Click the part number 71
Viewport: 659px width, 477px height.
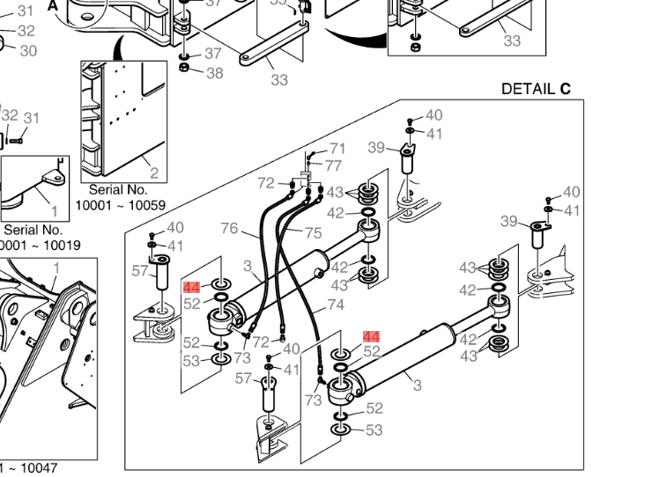tap(338, 149)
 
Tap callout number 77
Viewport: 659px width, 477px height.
tap(333, 165)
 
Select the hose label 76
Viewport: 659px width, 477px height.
tap(229, 229)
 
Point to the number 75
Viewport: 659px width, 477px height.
tap(314, 233)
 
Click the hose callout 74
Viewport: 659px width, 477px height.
tap(335, 305)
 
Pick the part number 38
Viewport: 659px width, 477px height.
tap(214, 73)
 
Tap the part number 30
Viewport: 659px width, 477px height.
tap(28, 51)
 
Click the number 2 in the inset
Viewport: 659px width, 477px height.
tap(154, 173)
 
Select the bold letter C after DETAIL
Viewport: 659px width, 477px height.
tap(566, 89)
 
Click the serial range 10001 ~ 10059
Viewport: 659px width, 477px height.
tap(120, 205)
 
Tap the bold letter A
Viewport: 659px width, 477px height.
tap(53, 4)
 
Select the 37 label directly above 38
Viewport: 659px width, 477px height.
tap(213, 54)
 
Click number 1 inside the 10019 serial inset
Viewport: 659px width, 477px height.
tap(54, 211)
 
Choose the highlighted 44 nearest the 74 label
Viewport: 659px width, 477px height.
tap(371, 337)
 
